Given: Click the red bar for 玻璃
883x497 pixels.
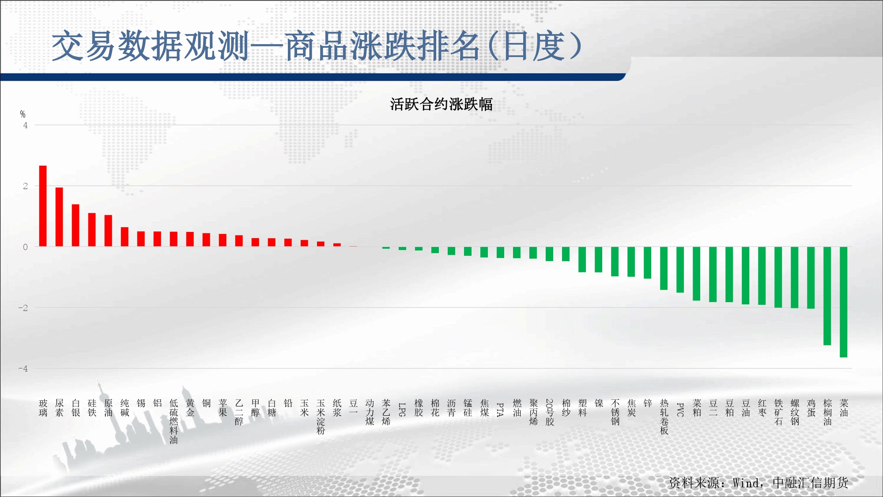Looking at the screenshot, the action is click(x=43, y=206).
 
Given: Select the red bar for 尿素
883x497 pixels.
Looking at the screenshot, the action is click(x=59, y=217).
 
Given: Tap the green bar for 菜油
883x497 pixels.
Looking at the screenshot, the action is click(x=844, y=302).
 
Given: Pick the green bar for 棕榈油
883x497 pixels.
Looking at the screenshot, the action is click(x=827, y=296).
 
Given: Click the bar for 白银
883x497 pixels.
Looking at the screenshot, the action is click(x=75, y=225).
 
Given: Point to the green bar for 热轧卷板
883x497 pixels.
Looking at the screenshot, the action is click(x=664, y=268).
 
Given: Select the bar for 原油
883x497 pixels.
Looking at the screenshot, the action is click(x=108, y=231).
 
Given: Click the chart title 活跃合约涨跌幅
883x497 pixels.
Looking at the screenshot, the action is click(x=441, y=104).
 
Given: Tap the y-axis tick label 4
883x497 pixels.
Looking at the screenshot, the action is click(x=26, y=125).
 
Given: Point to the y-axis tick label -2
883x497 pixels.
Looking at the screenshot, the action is click(x=23, y=308).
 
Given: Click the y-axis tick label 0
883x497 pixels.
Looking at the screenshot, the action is click(x=26, y=247).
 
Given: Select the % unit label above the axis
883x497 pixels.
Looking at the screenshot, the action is click(x=23, y=114).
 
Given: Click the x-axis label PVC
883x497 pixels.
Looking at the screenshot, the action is click(x=680, y=410).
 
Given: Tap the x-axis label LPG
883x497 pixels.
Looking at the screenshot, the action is click(x=402, y=410).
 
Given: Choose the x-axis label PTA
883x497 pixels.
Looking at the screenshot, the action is click(x=500, y=410).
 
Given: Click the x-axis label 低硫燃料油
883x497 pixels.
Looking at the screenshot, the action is click(x=174, y=421).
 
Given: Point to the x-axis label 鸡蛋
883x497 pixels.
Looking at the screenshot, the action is click(x=811, y=408).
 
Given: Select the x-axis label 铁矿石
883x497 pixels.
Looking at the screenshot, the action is click(x=778, y=412).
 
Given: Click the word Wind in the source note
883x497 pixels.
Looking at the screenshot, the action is click(x=747, y=483).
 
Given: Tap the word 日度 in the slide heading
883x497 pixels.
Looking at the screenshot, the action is click(x=534, y=46).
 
